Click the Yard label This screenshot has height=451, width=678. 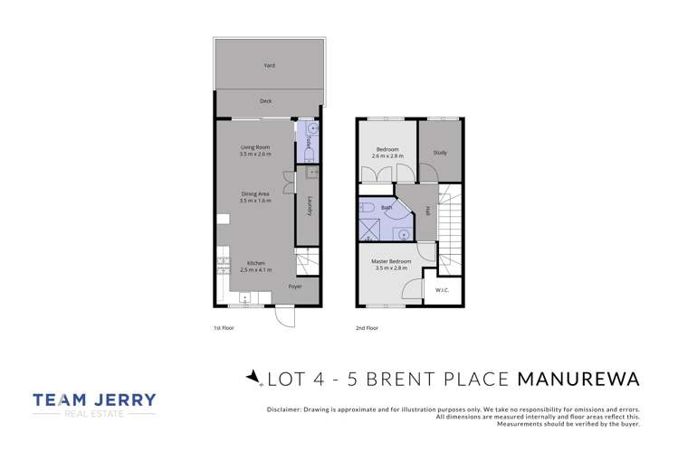click(x=269, y=65)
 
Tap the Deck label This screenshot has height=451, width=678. click(x=265, y=101)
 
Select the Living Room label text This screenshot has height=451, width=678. click(x=255, y=147)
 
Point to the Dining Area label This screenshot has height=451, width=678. click(x=255, y=193)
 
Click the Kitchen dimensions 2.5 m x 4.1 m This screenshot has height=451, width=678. click(x=255, y=269)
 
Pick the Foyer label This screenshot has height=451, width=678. click(x=295, y=287)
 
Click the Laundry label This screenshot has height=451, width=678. click(x=309, y=206)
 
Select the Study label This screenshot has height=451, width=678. click(x=439, y=153)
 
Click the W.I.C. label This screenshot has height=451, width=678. click(x=442, y=290)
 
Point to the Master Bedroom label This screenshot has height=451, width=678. click(x=391, y=262)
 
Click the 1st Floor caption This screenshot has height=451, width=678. click(x=223, y=328)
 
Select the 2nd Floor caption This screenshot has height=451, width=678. click(x=367, y=328)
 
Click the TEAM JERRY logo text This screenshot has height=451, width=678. click(x=94, y=399)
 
